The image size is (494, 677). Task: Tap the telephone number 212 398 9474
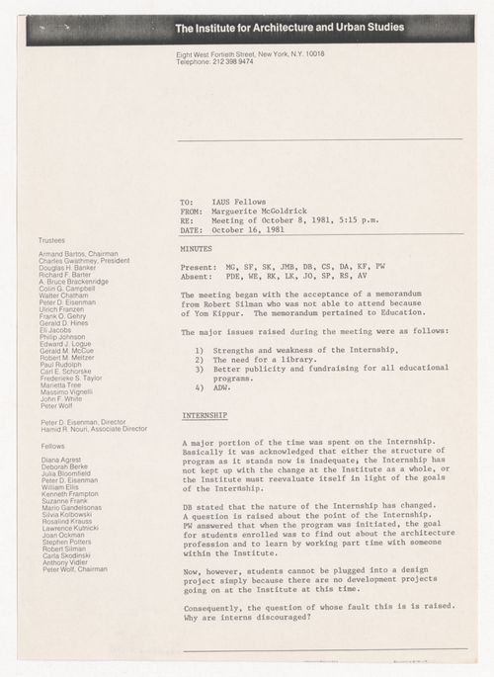point(231,61)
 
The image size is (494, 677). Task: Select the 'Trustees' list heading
point(53,239)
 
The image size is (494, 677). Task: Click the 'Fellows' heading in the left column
point(51,446)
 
